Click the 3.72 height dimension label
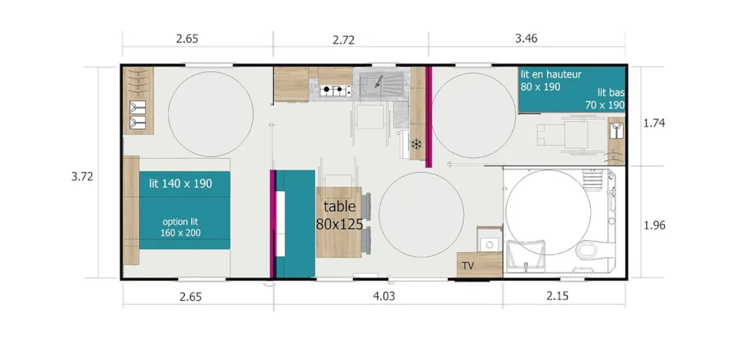click(x=82, y=177)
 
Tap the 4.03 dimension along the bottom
click(x=384, y=296)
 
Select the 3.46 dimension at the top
click(x=527, y=39)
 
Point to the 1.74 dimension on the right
click(x=654, y=123)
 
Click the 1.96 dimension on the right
click(x=654, y=225)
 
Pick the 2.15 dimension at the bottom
click(x=558, y=296)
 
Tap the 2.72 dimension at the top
click(x=343, y=40)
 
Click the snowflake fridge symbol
click(x=417, y=143)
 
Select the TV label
click(x=468, y=266)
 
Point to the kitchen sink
click(x=381, y=85)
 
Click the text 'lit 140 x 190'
click(x=181, y=183)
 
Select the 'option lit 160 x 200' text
click(x=180, y=228)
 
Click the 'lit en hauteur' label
click(x=551, y=74)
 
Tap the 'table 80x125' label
click(x=339, y=216)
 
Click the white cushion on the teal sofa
click(x=280, y=225)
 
